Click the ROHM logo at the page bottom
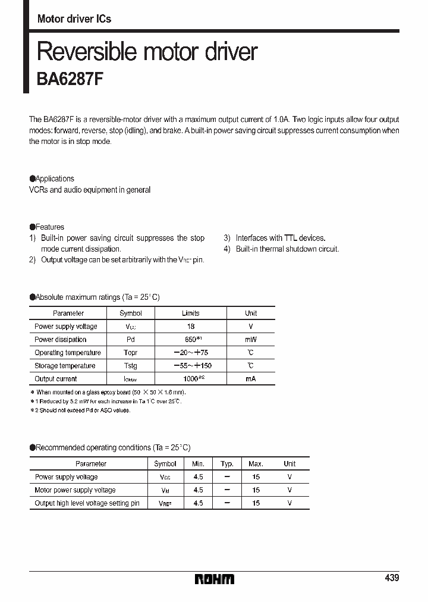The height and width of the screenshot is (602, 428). [x=215, y=579]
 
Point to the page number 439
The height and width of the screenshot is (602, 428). [x=391, y=578]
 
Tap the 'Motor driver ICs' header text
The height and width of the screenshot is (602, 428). [x=74, y=18]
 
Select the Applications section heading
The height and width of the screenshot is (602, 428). [x=54, y=178]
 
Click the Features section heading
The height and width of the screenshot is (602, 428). [x=49, y=227]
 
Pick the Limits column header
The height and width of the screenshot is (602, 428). [x=190, y=313]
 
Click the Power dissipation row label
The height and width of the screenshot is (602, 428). [x=60, y=340]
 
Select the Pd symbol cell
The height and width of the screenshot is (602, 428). [x=131, y=340]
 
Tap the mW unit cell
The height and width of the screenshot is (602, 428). [x=251, y=340]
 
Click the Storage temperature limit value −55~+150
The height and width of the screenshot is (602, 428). [x=192, y=366]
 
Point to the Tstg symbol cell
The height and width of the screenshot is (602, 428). [x=131, y=366]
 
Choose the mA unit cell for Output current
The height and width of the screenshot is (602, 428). [x=251, y=379]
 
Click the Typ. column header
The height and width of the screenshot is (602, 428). [x=227, y=463]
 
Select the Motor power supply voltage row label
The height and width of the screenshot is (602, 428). [x=75, y=490]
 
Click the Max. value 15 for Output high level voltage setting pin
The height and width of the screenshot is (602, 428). [x=256, y=503]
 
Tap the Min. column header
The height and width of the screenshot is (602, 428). [x=198, y=463]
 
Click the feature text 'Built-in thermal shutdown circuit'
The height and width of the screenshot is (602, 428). [x=287, y=249]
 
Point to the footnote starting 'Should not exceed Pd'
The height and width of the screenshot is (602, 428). [x=83, y=410]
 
